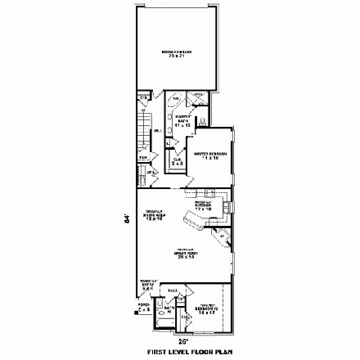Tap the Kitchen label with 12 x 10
204,205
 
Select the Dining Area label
153,216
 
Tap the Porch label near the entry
145,309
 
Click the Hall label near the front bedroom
173,290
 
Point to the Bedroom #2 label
206,308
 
